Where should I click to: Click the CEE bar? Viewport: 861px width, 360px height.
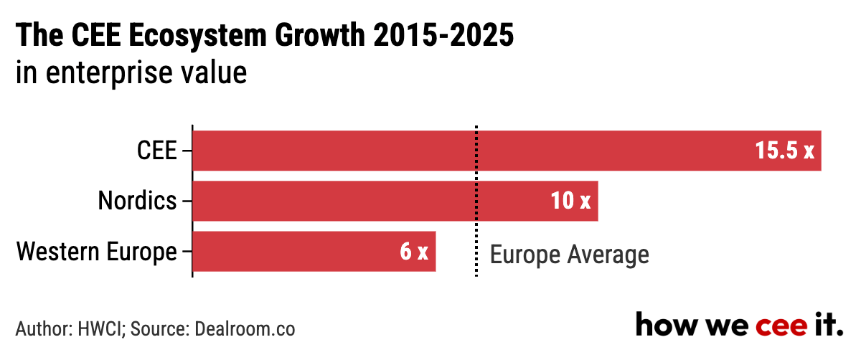[507, 151]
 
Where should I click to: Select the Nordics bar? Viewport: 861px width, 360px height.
[395, 201]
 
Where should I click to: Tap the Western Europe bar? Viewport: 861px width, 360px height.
[314, 251]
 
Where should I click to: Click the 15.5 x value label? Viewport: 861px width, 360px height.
[784, 150]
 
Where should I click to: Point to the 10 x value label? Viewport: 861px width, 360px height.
[571, 201]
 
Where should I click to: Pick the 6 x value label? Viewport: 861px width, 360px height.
[414, 251]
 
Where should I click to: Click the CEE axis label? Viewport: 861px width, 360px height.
[157, 150]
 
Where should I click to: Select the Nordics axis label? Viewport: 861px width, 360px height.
[137, 201]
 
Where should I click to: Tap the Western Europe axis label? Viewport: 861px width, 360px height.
[96, 252]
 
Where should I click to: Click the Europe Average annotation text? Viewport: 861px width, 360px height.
[569, 255]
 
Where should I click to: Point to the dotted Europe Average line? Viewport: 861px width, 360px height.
[476, 201]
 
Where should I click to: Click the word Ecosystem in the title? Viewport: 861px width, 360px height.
[197, 36]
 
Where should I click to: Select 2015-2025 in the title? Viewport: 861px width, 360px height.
[443, 35]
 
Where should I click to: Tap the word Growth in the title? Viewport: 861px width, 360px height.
[320, 35]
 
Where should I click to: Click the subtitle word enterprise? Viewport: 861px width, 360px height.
[109, 73]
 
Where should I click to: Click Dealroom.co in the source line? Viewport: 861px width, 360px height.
[245, 329]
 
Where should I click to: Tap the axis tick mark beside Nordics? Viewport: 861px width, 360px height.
[187, 201]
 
